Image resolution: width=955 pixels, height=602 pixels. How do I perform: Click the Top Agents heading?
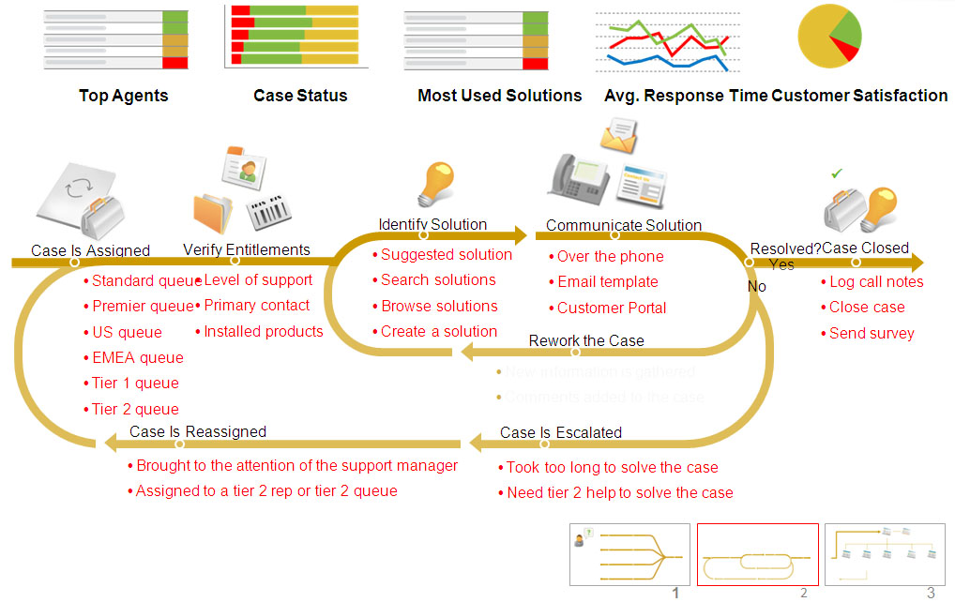click(x=124, y=96)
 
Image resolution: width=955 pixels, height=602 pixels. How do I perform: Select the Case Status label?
click(x=300, y=96)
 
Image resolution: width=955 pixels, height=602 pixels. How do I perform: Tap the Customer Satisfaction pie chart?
click(x=828, y=37)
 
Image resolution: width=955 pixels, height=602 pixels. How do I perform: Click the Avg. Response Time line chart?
click(x=667, y=43)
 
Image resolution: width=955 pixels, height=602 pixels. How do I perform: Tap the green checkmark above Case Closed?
click(x=837, y=173)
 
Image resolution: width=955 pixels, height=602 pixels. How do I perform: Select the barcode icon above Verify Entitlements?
click(x=268, y=213)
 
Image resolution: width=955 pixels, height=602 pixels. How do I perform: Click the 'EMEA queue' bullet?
click(x=138, y=357)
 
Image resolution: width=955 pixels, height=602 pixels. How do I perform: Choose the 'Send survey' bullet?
click(x=872, y=333)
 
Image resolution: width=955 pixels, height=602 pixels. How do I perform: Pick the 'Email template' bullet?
click(x=608, y=281)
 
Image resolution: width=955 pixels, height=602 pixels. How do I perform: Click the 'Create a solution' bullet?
click(x=439, y=331)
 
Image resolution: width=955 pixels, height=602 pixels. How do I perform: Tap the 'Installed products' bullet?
click(x=264, y=331)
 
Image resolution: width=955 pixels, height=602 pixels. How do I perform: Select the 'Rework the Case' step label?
click(x=586, y=340)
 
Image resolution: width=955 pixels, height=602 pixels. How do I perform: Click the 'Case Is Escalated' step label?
click(x=561, y=432)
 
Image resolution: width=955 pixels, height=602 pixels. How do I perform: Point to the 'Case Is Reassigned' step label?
click(x=198, y=431)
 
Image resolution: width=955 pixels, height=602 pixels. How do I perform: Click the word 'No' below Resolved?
click(x=756, y=286)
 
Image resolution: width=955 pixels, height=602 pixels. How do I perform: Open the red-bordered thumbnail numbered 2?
click(x=757, y=555)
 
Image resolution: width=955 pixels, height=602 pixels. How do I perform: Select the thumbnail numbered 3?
click(x=885, y=555)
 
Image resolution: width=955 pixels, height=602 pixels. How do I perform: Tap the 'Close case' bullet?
click(x=867, y=307)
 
